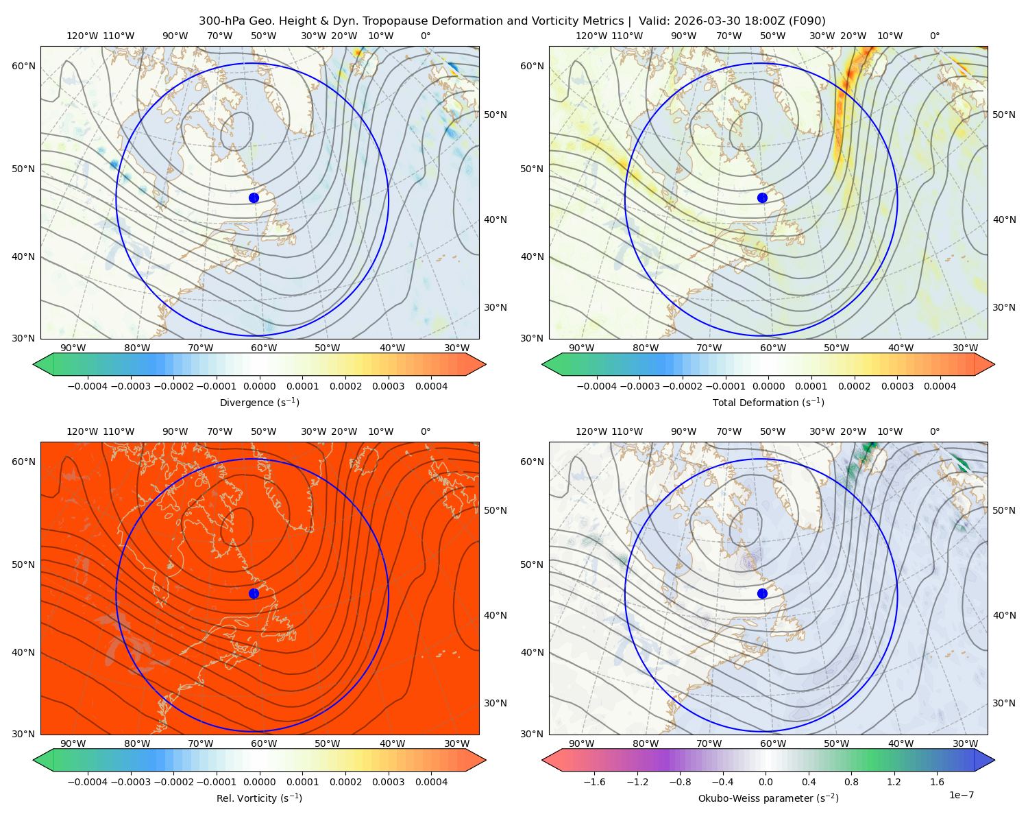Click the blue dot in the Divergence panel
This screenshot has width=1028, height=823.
coord(254,198)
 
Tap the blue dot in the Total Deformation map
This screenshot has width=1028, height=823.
coord(762,198)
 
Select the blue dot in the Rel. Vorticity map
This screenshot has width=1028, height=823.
coord(254,593)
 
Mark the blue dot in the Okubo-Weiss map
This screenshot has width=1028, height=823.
coord(762,593)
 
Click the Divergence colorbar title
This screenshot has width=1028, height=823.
coord(259,402)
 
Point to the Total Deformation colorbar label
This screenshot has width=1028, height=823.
coord(768,402)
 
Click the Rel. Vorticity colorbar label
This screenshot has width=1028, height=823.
coord(259,798)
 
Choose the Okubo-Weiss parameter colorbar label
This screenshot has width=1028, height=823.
coord(768,798)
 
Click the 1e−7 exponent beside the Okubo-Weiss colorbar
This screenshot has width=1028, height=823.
coord(961,795)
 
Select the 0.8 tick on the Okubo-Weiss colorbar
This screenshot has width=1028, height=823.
coord(851,781)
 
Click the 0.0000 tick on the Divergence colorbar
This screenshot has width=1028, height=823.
coord(259,386)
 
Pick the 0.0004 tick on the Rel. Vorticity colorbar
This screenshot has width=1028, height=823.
coord(431,781)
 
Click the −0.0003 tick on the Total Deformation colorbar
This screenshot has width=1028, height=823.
coord(639,386)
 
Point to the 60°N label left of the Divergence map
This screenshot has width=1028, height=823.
coord(23,66)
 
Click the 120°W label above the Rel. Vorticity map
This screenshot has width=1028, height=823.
coord(82,431)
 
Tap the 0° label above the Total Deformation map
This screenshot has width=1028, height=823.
coord(935,36)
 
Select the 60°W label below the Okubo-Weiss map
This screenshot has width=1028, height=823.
coord(773,743)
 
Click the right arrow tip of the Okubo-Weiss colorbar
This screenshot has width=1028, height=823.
coord(994,760)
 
